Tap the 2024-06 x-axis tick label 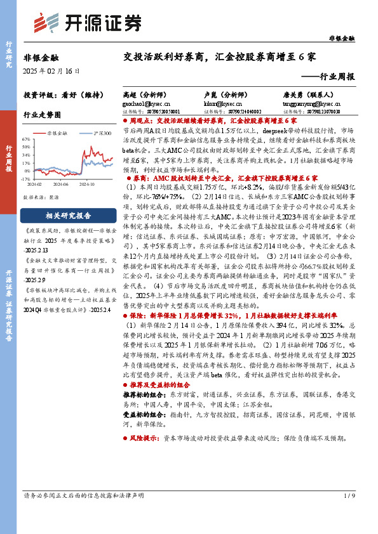(x=62, y=185)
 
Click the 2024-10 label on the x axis (x=88, y=185)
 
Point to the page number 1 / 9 (x=348, y=513)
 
